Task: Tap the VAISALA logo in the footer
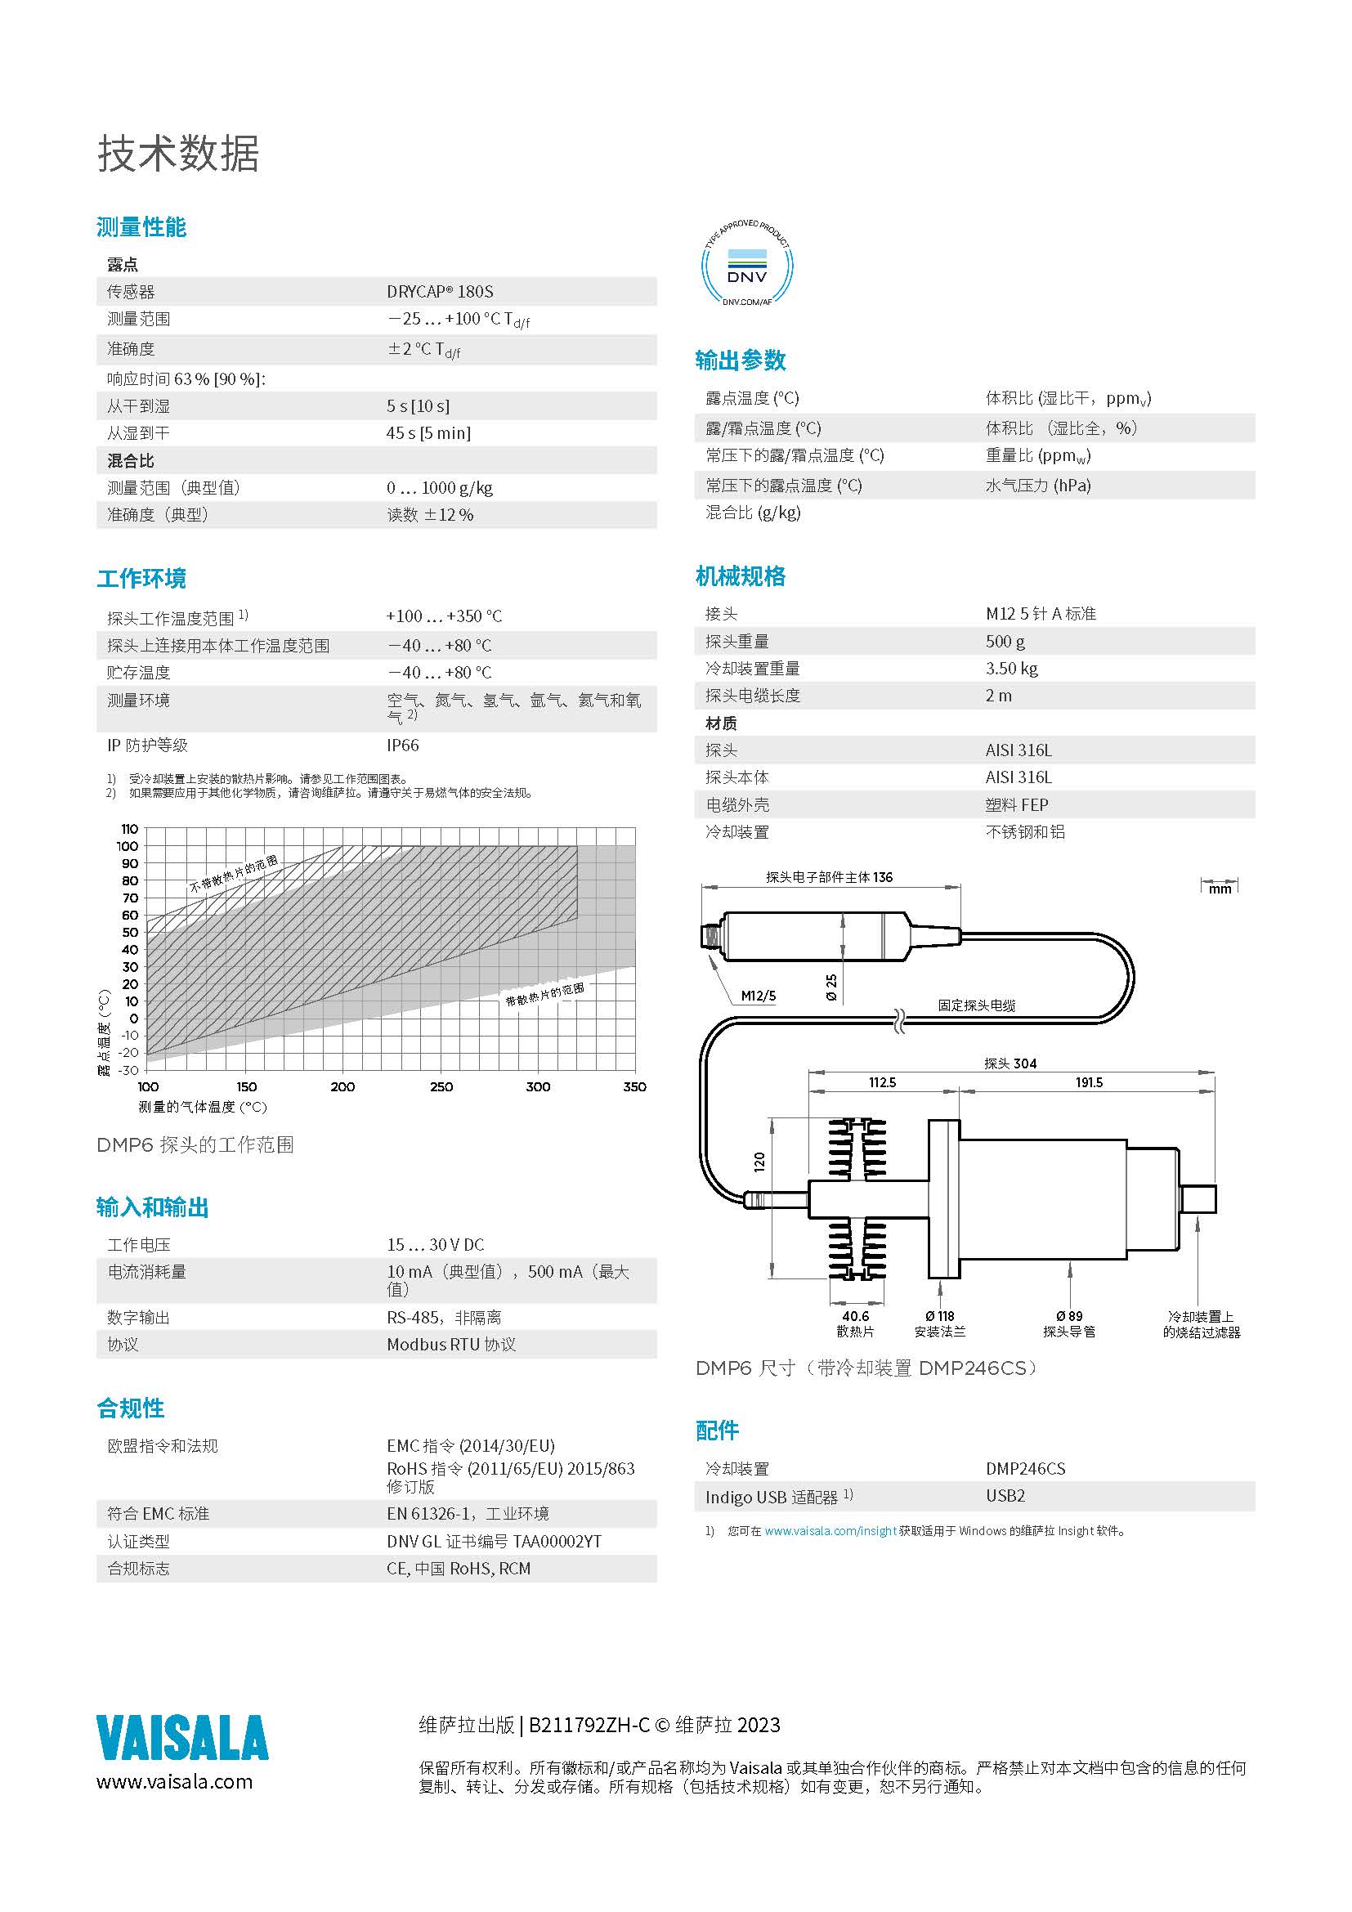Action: [182, 1737]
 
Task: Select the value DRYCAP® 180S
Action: [440, 292]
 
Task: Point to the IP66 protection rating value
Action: [402, 746]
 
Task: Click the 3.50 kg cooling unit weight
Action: [1011, 669]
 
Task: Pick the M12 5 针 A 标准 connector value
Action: [1041, 614]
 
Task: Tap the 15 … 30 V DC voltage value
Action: [435, 1245]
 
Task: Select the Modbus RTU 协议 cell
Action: [451, 1345]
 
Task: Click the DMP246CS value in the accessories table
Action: [1025, 1469]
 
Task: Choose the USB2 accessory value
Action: [1005, 1497]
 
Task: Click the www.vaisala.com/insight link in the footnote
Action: [830, 1531]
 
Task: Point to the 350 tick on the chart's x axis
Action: [634, 1086]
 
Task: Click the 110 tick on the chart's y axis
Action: [129, 830]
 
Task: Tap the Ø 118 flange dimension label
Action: [940, 1317]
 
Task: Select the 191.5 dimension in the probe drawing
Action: [1089, 1082]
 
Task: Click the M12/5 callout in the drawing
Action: [758, 995]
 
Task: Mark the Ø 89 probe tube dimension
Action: [1069, 1317]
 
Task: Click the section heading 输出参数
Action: [740, 360]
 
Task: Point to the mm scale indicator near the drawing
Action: [1220, 889]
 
